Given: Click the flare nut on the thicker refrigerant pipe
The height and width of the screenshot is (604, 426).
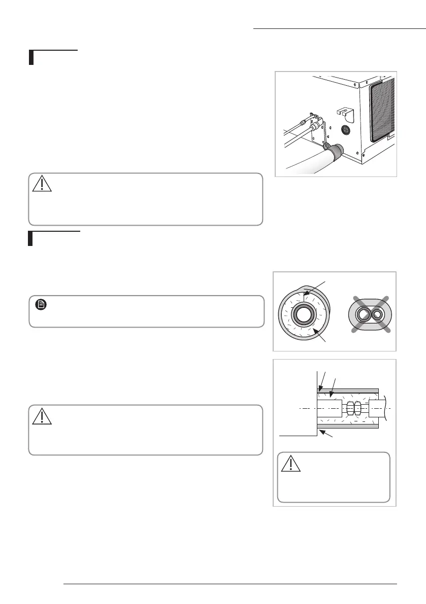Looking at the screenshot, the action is tap(317, 126).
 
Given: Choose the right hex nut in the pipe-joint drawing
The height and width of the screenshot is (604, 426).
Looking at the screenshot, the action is tap(357, 408).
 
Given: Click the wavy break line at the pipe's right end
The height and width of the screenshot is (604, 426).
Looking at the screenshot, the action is tap(387, 408).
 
